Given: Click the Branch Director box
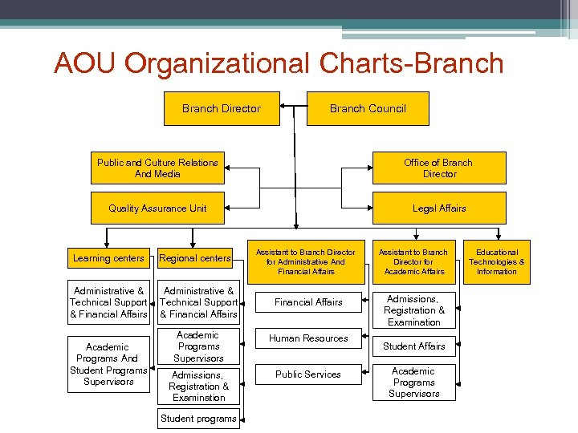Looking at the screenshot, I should [222, 108].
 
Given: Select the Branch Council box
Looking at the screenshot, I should [368, 108].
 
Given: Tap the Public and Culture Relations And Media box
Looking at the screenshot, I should [157, 168].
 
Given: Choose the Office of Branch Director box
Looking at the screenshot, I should [439, 168].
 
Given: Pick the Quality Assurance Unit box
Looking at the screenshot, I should [157, 208].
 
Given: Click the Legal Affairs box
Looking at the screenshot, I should [439, 208].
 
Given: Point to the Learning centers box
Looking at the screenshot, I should [108, 258].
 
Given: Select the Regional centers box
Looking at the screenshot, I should [195, 258].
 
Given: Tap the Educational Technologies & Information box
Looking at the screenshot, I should [497, 261].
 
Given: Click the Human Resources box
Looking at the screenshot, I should [308, 338].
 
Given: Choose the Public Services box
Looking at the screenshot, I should [308, 374].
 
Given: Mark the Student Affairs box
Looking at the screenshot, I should [414, 346].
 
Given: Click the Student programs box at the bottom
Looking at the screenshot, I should [198, 418].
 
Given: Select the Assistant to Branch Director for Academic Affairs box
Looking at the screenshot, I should [413, 261].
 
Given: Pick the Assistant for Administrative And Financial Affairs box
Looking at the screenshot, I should [305, 261].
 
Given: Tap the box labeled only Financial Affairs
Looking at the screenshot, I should [308, 302].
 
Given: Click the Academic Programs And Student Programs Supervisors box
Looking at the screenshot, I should [108, 364].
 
